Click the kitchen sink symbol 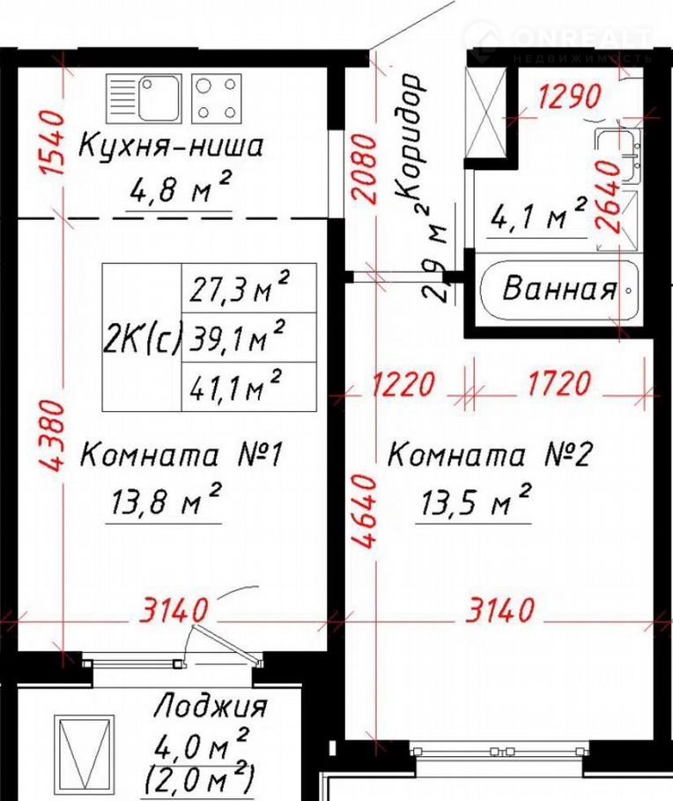pyautogui.click(x=144, y=98)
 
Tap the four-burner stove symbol pyautogui.click(x=217, y=98)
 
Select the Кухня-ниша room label pyautogui.click(x=171, y=144)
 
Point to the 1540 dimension pyautogui.click(x=53, y=143)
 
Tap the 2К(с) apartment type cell pyautogui.click(x=142, y=337)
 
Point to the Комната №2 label pyautogui.click(x=490, y=454)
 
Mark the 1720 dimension pyautogui.click(x=558, y=383)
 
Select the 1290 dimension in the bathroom pyautogui.click(x=569, y=96)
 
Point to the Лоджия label pyautogui.click(x=211, y=707)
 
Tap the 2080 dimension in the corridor pyautogui.click(x=366, y=169)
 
